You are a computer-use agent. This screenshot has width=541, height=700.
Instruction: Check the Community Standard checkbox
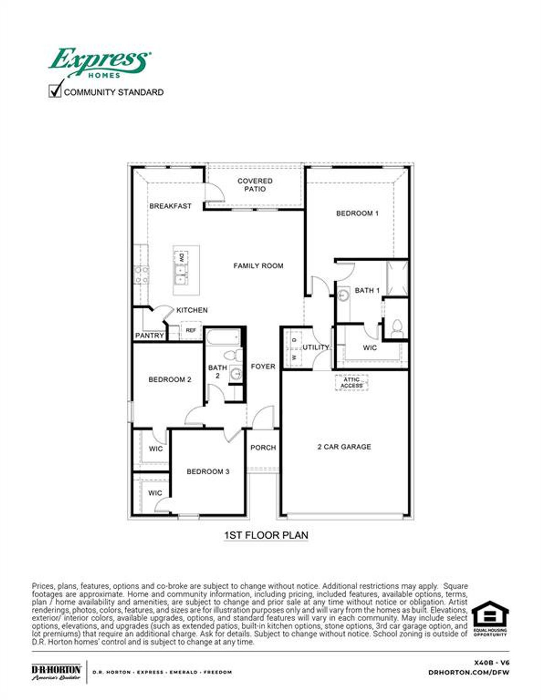[55, 91]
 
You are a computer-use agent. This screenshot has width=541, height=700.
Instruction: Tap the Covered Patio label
[255, 185]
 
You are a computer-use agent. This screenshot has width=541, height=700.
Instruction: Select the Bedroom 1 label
[357, 213]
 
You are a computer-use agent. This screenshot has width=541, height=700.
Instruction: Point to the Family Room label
[258, 266]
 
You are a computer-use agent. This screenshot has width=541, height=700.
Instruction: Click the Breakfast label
[170, 206]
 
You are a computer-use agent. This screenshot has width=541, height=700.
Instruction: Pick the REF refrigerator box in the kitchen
[191, 330]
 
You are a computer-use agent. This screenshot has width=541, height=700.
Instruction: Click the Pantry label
[149, 336]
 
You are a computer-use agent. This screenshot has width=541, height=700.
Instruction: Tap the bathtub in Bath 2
[223, 337]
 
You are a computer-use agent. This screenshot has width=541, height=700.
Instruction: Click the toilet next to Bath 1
[397, 328]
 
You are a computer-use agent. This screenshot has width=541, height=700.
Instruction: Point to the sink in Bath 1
[344, 294]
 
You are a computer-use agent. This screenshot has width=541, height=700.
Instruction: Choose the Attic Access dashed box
[352, 383]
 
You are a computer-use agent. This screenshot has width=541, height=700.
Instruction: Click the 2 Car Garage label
[344, 447]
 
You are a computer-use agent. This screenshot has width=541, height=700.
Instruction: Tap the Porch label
[263, 448]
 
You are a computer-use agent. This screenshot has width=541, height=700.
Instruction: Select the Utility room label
[315, 347]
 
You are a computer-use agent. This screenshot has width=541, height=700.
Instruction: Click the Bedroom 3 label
[208, 471]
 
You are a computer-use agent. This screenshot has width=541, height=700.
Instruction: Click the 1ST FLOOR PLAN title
[266, 535]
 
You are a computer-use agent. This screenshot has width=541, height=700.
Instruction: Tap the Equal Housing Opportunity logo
[490, 619]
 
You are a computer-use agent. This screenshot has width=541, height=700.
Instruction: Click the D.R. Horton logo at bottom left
[56, 672]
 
